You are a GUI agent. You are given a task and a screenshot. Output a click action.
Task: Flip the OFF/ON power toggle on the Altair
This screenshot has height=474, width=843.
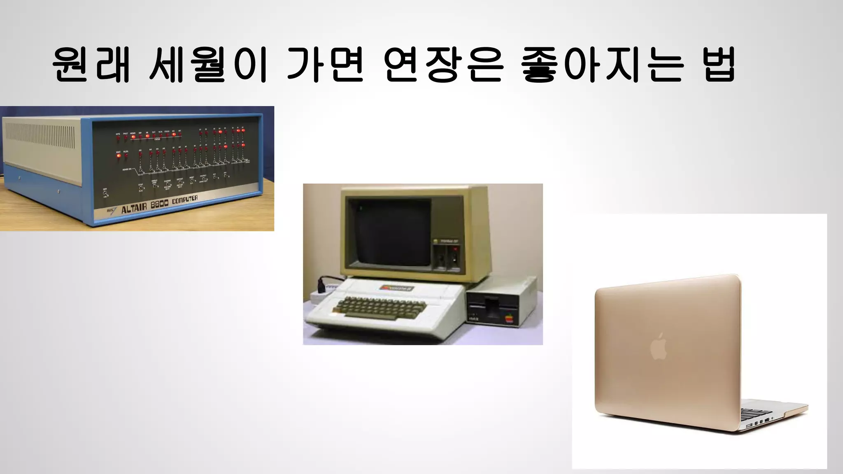click(105, 193)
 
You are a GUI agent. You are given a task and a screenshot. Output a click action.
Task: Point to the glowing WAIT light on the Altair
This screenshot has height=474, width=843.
click(119, 156)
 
